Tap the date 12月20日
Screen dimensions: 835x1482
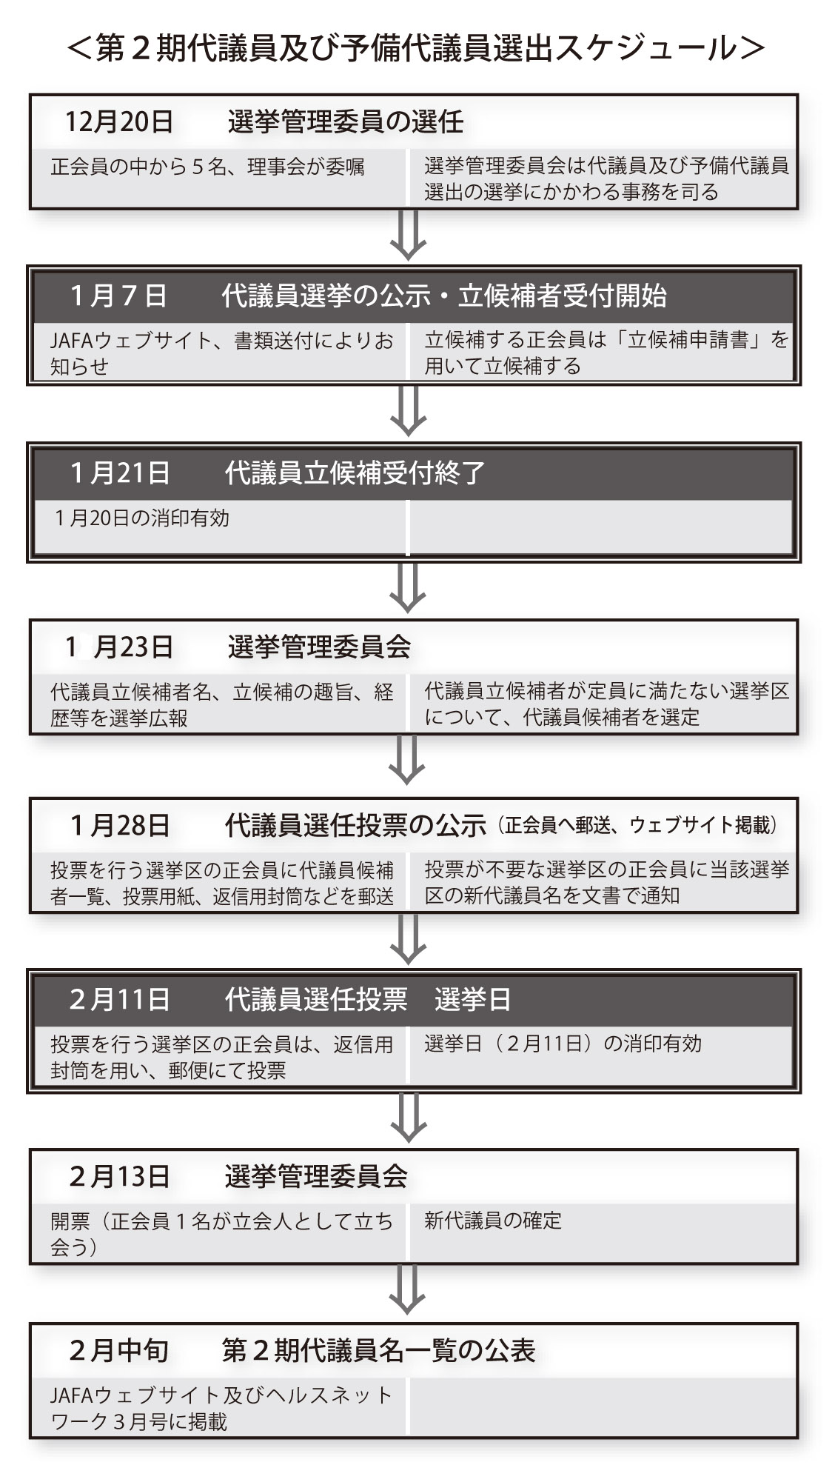[119, 121]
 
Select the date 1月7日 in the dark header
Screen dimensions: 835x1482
[119, 296]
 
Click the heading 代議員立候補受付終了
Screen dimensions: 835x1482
[355, 473]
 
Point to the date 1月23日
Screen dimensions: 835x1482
[119, 647]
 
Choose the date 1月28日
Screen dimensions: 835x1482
[120, 825]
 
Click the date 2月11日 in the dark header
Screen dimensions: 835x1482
[120, 999]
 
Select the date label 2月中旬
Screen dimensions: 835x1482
[119, 1351]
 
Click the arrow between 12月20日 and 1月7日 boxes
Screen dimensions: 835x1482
[408, 235]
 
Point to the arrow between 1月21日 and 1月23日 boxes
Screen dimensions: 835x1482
[408, 588]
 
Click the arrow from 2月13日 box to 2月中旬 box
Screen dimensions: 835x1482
[408, 1290]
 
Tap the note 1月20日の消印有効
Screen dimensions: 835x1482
[142, 518]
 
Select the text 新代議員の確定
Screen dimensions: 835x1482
[493, 1220]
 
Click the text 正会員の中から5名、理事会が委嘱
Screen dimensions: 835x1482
[207, 167]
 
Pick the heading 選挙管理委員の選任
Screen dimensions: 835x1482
[346, 121]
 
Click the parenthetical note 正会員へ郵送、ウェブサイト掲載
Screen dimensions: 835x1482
[640, 825]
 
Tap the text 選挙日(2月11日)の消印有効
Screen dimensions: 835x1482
[563, 1044]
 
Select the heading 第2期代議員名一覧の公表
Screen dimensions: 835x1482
[378, 1351]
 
